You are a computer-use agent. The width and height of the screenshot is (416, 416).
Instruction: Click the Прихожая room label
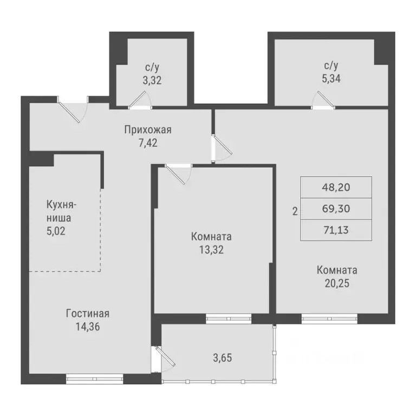point(148,129)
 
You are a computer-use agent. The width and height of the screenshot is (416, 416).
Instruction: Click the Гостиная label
point(88,314)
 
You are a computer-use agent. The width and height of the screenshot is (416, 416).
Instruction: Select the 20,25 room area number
point(337,282)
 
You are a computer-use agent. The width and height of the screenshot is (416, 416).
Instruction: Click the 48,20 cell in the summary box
point(336,187)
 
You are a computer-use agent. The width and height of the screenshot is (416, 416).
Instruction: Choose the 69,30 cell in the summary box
point(336,209)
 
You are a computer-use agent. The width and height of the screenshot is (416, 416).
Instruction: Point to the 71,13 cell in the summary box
point(336,230)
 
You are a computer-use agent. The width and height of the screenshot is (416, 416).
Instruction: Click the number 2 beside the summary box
point(295,212)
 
